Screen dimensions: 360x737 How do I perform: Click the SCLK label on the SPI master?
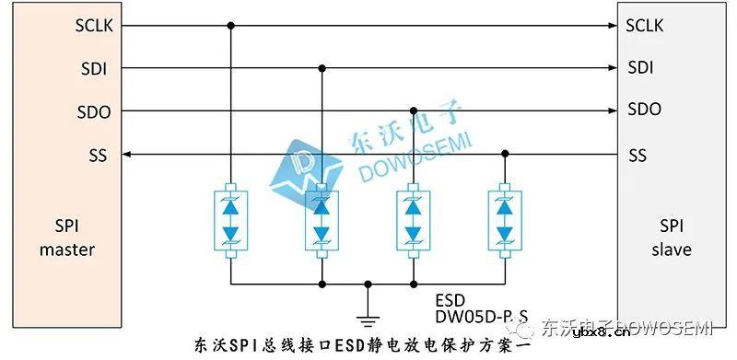(94, 25)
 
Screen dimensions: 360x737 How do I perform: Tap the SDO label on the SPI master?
(94, 111)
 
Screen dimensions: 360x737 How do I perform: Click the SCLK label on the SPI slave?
(644, 25)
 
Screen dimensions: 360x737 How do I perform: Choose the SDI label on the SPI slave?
(640, 68)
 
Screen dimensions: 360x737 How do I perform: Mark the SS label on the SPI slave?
(637, 155)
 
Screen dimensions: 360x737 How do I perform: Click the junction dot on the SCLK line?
(230, 25)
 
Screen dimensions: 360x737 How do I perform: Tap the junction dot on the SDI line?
(322, 68)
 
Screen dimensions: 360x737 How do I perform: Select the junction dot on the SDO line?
(414, 111)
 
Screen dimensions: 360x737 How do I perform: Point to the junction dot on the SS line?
(505, 155)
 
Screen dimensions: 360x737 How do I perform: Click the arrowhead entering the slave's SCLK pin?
(612, 25)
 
